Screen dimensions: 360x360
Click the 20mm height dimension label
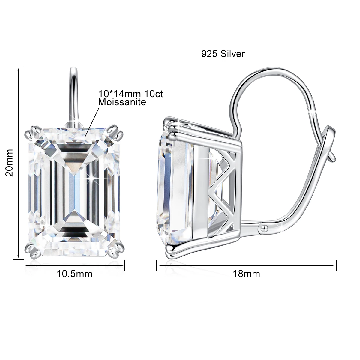pos(10,162)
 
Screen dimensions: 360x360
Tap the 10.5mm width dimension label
pos(75,274)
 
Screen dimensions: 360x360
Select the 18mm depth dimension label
pos(246,274)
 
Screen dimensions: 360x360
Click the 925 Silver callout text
pos(223,54)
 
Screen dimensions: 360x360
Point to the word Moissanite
pos(122,102)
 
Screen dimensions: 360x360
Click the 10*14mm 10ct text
pos(130,94)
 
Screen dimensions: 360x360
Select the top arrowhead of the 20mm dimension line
pos(19,69)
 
